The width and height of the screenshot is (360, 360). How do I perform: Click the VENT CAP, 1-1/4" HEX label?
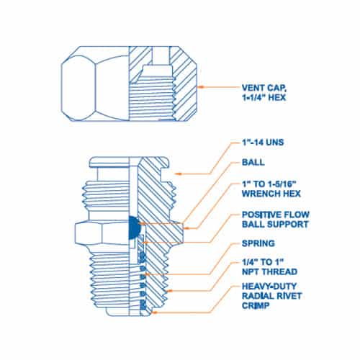click(264, 93)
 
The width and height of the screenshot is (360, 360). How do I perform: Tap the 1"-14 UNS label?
click(263, 143)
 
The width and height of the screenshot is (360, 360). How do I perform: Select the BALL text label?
click(253, 162)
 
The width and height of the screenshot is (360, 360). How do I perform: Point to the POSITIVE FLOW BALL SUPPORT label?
click(276, 220)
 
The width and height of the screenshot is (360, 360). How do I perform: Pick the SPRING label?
click(258, 243)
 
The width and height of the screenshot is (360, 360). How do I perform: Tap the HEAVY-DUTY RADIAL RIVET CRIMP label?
click(271, 296)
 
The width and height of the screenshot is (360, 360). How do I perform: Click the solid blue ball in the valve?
click(134, 228)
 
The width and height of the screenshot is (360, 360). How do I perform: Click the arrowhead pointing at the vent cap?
click(201, 87)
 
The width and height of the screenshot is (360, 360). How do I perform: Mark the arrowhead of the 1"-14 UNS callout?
click(177, 174)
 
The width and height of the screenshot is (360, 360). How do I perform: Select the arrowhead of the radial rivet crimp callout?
click(155, 312)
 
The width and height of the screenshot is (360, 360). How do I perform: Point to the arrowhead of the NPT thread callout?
click(169, 291)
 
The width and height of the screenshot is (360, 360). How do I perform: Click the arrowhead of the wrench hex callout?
click(186, 228)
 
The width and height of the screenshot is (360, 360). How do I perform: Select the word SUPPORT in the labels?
click(288, 224)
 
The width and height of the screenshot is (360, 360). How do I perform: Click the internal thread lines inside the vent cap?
click(152, 99)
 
